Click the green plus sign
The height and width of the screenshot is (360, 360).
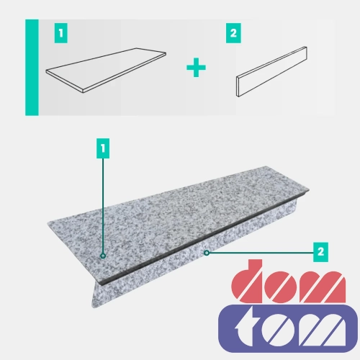196,68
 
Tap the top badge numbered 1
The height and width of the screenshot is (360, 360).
61,33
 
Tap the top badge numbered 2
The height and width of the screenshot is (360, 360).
233,33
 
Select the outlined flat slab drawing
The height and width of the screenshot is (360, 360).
106,71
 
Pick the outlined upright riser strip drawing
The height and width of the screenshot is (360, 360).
271,71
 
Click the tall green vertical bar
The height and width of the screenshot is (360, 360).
32,68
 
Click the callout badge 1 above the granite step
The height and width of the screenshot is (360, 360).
103,148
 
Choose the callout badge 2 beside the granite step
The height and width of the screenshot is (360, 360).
320,252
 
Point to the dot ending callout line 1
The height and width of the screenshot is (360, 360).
103,256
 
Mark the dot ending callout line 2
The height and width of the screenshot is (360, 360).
207,253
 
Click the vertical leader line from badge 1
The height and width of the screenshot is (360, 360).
103,206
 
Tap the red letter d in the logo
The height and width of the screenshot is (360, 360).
247,282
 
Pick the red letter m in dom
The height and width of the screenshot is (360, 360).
324,287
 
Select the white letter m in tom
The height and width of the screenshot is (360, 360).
323,330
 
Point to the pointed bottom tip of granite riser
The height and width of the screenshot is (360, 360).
93,307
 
